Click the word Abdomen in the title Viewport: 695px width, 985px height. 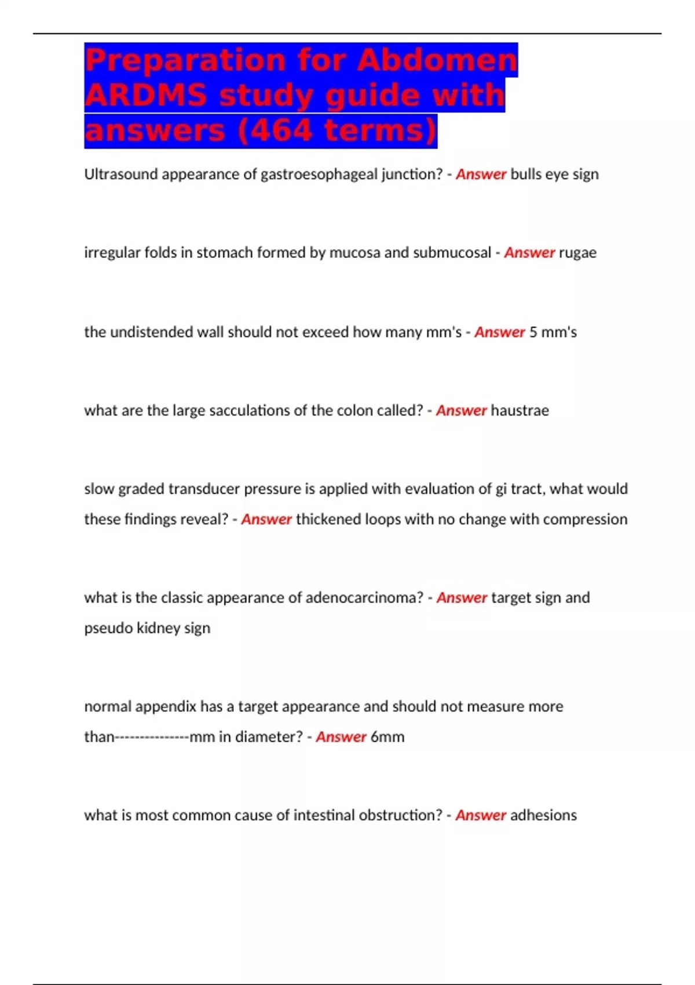pyautogui.click(x=437, y=60)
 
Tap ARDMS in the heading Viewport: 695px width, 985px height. pyautogui.click(x=145, y=95)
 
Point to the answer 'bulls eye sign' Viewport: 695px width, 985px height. pyautogui.click(x=554, y=174)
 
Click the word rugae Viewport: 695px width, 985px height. pyautogui.click(x=577, y=253)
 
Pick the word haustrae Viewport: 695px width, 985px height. pyautogui.click(x=520, y=410)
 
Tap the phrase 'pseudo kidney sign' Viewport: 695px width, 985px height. pyautogui.click(x=147, y=628)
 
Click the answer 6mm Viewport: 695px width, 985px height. pyautogui.click(x=387, y=737)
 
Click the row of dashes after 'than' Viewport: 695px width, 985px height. pyautogui.click(x=152, y=737)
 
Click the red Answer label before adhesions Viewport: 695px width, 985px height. pyautogui.click(x=481, y=815)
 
